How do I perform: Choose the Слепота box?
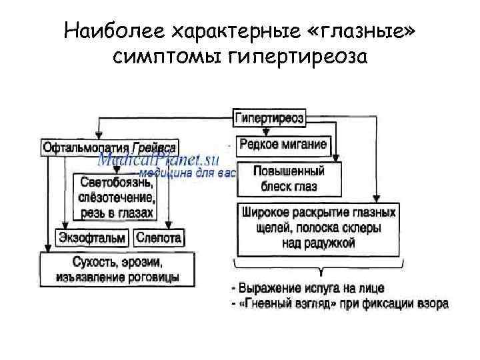[160, 238]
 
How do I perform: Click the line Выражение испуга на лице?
[307, 288]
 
